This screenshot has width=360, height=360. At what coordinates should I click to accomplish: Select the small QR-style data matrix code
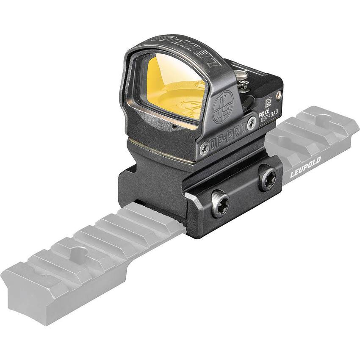click(269, 102)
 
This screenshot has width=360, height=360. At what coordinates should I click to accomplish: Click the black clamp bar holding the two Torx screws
click(237, 199)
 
